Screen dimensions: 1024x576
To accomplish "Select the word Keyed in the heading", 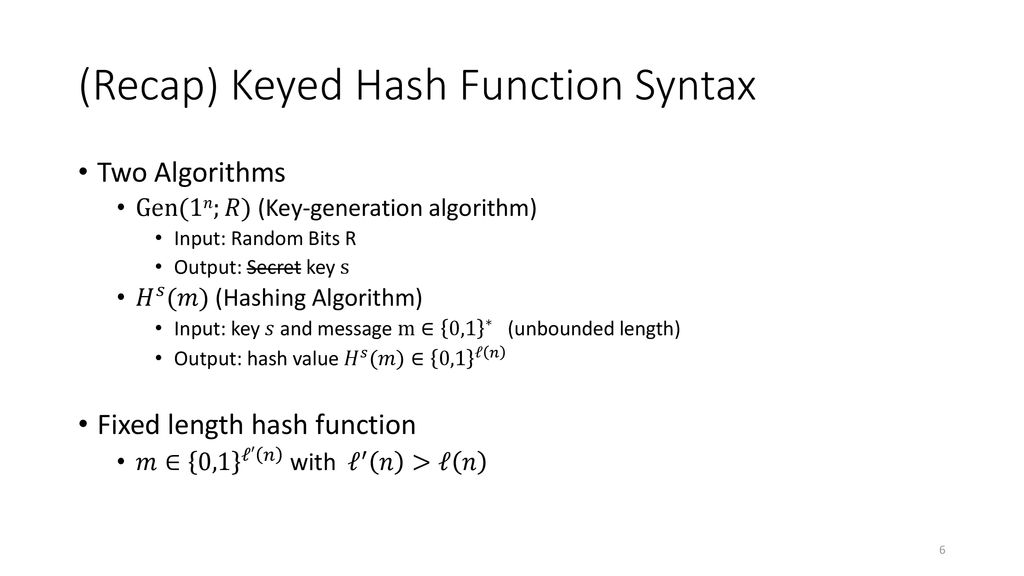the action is pos(286,87).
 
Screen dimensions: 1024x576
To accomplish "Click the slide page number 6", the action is pos(942,550).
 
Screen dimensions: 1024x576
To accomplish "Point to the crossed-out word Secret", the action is pos(274,267).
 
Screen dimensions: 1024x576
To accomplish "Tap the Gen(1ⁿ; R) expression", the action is pos(193,208).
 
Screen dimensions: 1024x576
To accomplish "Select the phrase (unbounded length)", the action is pos(594,328).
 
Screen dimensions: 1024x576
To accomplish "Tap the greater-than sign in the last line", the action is pos(421,463).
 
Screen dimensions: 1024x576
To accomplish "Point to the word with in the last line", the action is pos(312,462).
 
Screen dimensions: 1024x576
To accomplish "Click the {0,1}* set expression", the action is pos(466,328).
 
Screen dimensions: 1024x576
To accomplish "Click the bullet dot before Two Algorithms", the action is pos(83,172).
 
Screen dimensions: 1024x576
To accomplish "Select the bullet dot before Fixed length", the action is pos(83,424).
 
